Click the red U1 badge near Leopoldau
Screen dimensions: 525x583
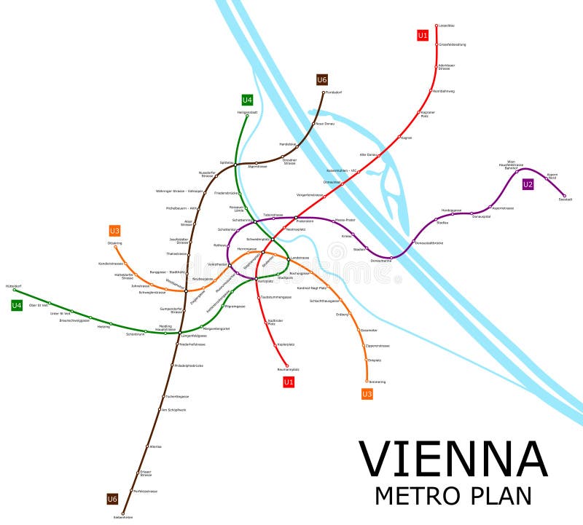click(423, 35)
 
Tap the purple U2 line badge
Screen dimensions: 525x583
click(528, 184)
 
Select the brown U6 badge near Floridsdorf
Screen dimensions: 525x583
click(322, 79)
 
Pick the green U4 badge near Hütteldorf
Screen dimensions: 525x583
click(17, 305)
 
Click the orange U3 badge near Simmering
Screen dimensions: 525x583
click(367, 394)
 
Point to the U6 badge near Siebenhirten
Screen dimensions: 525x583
click(112, 499)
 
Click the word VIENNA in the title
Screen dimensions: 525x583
click(453, 459)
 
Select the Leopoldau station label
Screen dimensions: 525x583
click(445, 25)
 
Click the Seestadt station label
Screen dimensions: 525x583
click(566, 199)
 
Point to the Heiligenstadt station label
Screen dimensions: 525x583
click(248, 112)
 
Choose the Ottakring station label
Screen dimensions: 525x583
click(115, 243)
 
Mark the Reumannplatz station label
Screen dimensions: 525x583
click(289, 369)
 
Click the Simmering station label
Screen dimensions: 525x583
click(377, 382)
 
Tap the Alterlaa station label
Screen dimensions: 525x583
click(155, 446)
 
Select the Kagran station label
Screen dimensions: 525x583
click(407, 138)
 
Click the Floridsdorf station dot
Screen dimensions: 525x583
click(324, 92)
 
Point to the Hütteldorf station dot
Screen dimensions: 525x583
click(15, 290)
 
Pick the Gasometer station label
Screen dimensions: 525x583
click(369, 330)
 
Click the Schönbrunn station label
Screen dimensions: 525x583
click(136, 333)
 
